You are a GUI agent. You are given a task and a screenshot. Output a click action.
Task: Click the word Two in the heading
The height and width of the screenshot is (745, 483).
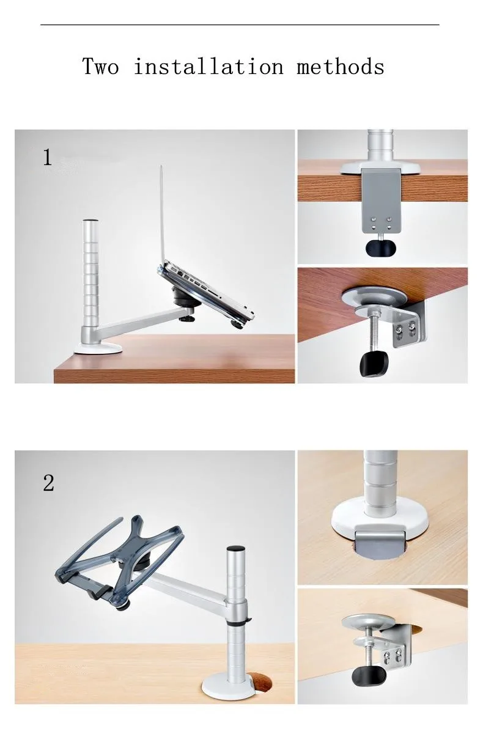[x=100, y=66]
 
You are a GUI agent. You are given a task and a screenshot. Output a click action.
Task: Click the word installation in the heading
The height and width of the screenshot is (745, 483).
[x=208, y=66]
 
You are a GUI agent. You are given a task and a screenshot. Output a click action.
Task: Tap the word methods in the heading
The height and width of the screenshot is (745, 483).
[x=341, y=66]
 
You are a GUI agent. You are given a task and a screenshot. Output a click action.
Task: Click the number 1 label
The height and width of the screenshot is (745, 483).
[x=48, y=157]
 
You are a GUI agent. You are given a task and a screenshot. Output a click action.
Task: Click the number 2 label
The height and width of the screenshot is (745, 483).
[x=48, y=483]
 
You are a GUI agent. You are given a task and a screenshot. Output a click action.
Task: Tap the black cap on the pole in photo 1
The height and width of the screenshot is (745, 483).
[x=90, y=221]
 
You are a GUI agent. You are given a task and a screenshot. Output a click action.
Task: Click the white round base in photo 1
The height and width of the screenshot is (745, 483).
[x=98, y=348]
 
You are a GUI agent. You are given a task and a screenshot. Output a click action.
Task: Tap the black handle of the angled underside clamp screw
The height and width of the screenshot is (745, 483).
[x=374, y=364]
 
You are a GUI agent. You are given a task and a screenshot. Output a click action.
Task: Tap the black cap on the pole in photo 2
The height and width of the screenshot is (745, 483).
[x=236, y=548]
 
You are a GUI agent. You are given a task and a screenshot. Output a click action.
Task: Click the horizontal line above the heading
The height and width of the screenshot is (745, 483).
[x=240, y=24]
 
